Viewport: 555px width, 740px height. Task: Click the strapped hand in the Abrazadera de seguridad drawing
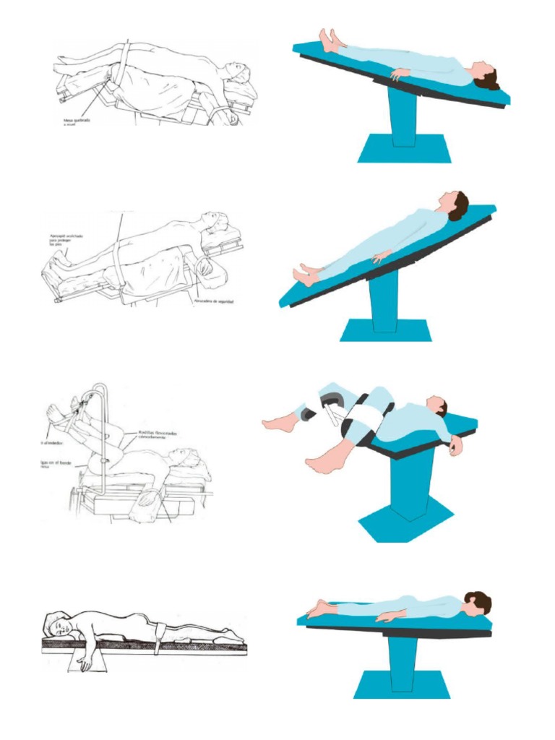(204, 267)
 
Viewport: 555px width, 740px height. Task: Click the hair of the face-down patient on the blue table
(480, 601)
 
